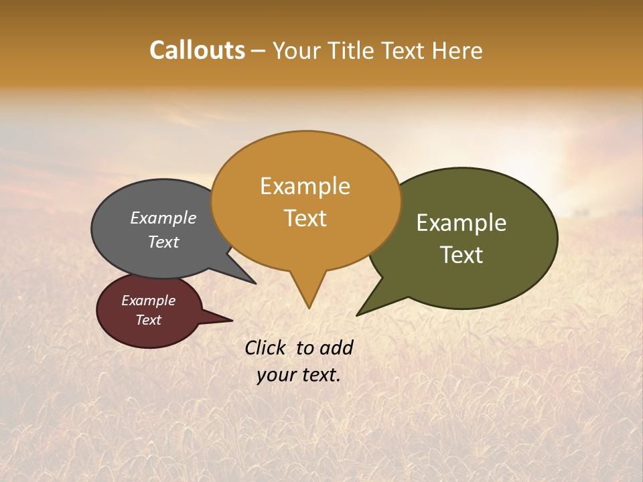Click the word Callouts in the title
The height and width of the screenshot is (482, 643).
coord(197,50)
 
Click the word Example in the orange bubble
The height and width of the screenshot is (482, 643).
coord(305,186)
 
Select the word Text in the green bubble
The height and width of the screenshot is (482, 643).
coord(461,255)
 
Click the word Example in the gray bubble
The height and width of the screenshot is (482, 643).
coord(163,218)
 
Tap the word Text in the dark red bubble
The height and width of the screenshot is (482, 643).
coord(148,320)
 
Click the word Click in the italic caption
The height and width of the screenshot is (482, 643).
coord(265,347)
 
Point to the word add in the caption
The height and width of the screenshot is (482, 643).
coord(336,347)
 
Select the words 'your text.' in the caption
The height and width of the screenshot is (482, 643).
coord(299,375)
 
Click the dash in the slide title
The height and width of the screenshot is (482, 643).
coord(259,51)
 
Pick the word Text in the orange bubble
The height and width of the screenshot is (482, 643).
coord(305,218)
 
